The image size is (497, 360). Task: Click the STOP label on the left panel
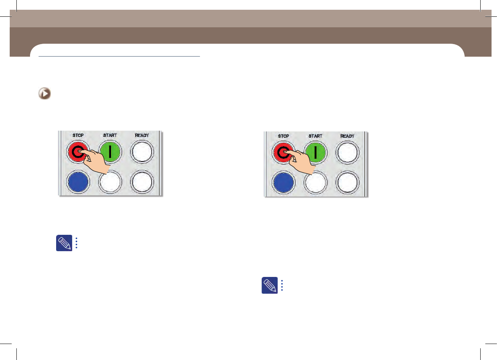click(78, 135)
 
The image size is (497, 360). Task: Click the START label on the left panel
click(110, 135)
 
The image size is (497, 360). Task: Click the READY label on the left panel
click(142, 135)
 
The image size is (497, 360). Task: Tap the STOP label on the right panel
click(283, 136)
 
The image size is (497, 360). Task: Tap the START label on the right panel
click(315, 136)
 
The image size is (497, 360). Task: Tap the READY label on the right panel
click(347, 136)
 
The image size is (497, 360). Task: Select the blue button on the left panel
click(78, 182)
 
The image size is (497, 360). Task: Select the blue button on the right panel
click(283, 183)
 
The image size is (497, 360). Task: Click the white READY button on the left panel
click(142, 152)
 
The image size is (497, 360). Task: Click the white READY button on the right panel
click(347, 153)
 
